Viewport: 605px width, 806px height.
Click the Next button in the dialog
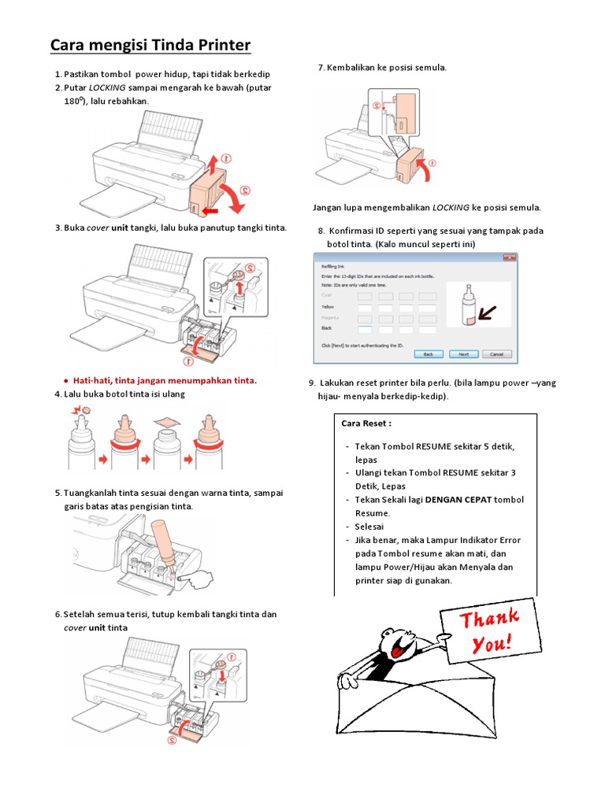[463, 354]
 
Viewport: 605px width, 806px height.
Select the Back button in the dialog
[428, 354]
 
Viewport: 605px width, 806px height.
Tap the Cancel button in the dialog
[497, 354]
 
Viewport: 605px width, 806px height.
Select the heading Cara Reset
[366, 423]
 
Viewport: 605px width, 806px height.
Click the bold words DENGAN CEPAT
[458, 500]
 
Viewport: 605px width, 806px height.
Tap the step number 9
[312, 383]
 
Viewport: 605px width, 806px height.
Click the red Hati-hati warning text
[165, 381]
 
